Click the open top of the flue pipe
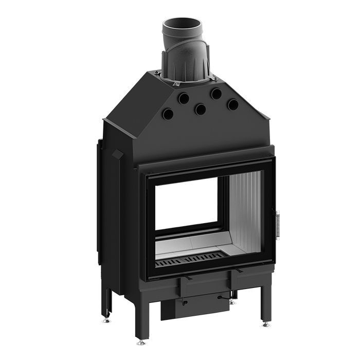coord(182,24)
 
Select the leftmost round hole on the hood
coord(167,114)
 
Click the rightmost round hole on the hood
coord(233,104)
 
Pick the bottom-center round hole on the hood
coord(200,109)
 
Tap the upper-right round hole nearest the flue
coord(216,94)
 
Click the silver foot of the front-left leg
coord(141,341)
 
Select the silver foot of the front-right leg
coord(265,324)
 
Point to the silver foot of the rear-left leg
coord(106,319)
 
